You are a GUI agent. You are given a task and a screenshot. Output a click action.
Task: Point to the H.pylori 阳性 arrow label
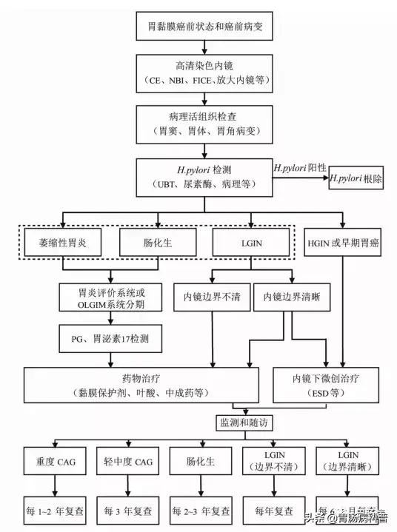(x=301, y=169)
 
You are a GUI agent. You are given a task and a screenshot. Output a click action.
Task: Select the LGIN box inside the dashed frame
(x=248, y=242)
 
